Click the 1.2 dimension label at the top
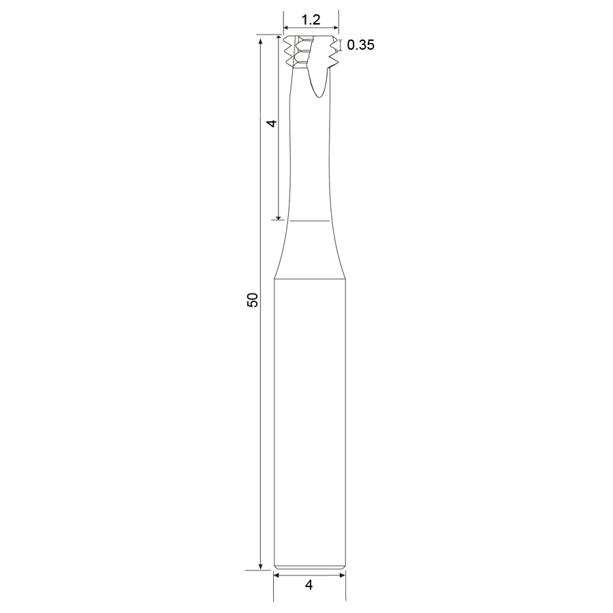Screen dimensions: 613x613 pos(311,20)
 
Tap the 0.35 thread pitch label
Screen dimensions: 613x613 pos(360,45)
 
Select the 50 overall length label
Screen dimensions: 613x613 pos(253,300)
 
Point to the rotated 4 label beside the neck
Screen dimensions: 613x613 pos(271,123)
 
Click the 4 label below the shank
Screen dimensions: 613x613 pos(309,585)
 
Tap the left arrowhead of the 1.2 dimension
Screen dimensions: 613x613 pos(286,28)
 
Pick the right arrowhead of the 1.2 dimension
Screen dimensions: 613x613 pos(336,28)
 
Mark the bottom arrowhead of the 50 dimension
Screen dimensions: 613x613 pos(260,567)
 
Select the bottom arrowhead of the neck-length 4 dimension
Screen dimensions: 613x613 pos(279,217)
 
